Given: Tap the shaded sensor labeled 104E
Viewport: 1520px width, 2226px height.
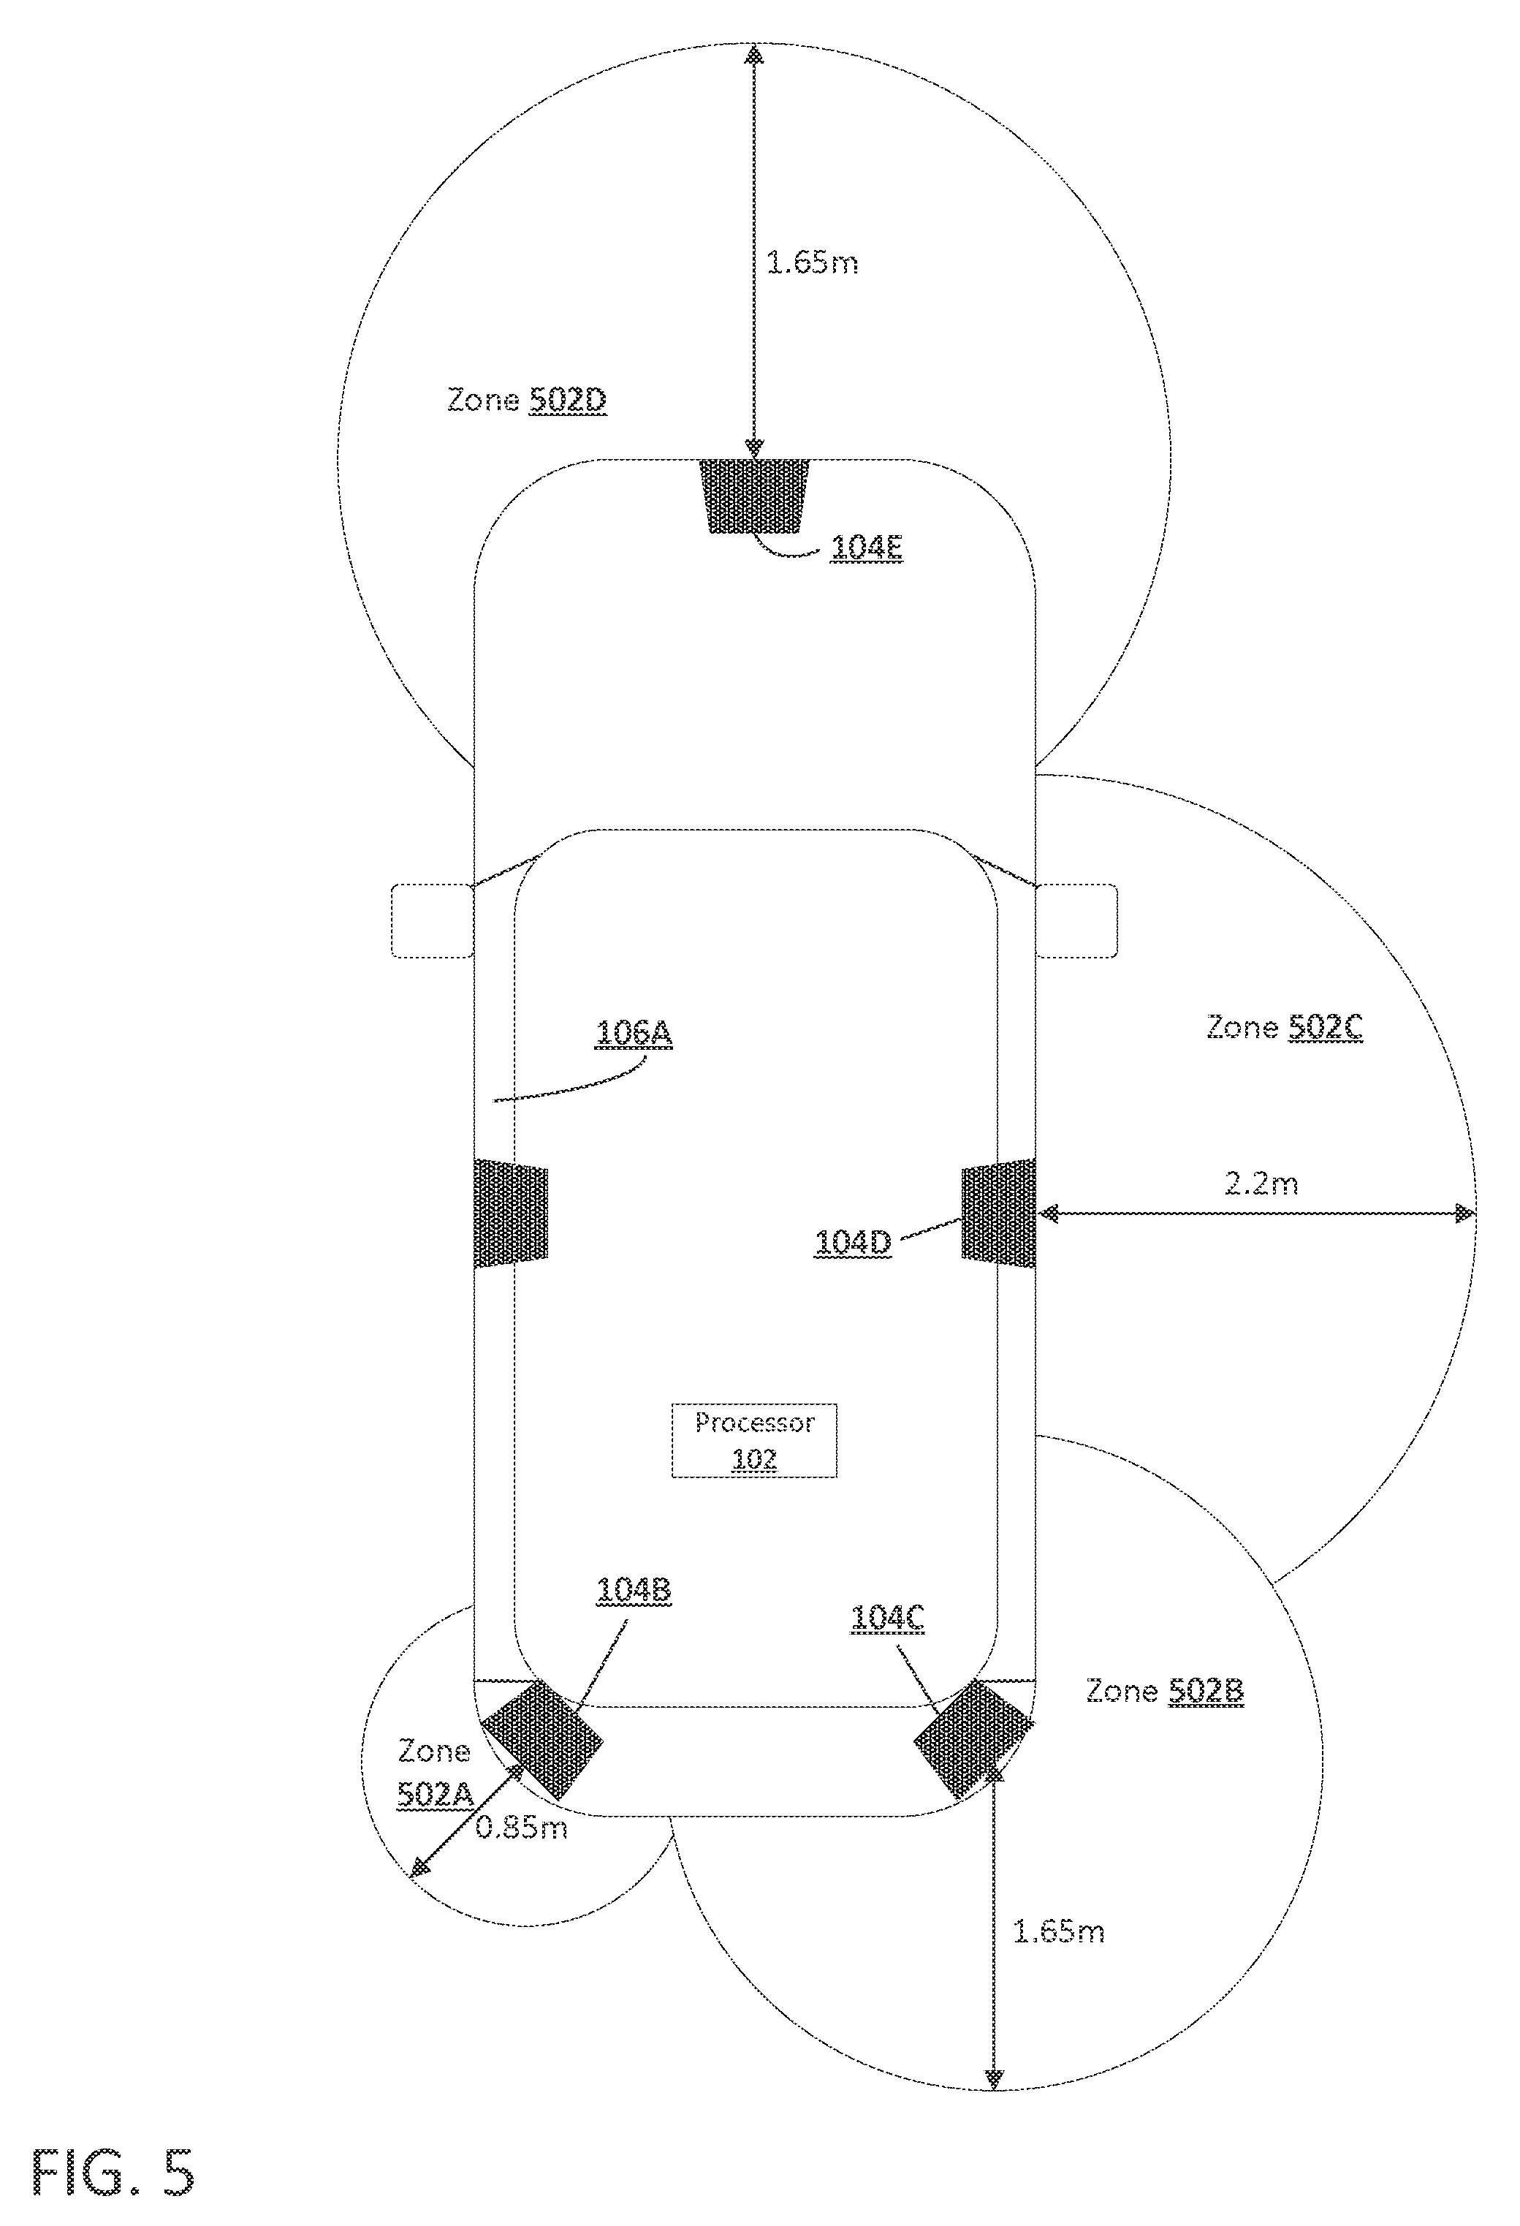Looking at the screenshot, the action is tap(755, 496).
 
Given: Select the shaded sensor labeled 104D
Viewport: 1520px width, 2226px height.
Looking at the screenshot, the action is tap(999, 1214).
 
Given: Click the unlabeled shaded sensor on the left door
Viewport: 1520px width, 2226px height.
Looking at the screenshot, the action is tap(512, 1214).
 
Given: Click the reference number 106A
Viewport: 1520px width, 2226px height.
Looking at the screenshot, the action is tap(634, 1034).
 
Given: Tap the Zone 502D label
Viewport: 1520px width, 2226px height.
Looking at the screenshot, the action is tap(527, 399).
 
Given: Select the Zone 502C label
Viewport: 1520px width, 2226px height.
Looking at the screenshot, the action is tap(1285, 1028).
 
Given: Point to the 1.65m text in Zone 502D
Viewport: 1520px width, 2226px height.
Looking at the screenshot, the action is tap(812, 262).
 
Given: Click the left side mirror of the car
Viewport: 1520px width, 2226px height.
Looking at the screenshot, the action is tap(433, 920).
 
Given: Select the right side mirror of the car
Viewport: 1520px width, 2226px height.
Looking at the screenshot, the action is tap(1076, 920).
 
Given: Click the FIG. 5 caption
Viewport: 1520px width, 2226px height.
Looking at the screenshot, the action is tap(114, 2171).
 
